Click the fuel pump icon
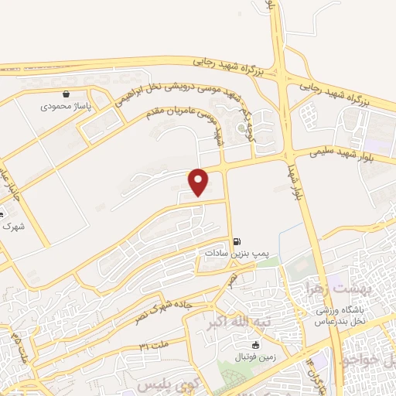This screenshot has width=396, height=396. coord(235,241)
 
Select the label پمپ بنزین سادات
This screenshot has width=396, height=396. coord(235,252)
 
